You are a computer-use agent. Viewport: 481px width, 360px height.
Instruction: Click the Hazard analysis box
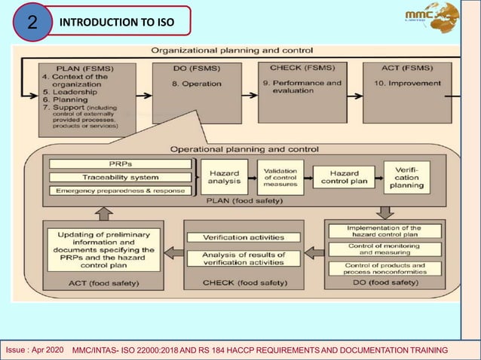coord(225,176)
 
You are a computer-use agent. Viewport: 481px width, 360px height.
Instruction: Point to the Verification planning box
coord(406,176)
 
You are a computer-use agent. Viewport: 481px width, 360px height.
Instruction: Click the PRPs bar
coord(120,163)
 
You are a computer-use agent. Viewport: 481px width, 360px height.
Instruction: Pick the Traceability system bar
coord(120,177)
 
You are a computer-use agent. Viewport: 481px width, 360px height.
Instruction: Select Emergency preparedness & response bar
coord(120,190)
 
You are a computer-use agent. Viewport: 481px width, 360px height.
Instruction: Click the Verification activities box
coord(243,238)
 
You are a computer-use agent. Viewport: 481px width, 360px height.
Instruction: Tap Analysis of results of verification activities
coord(243,259)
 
